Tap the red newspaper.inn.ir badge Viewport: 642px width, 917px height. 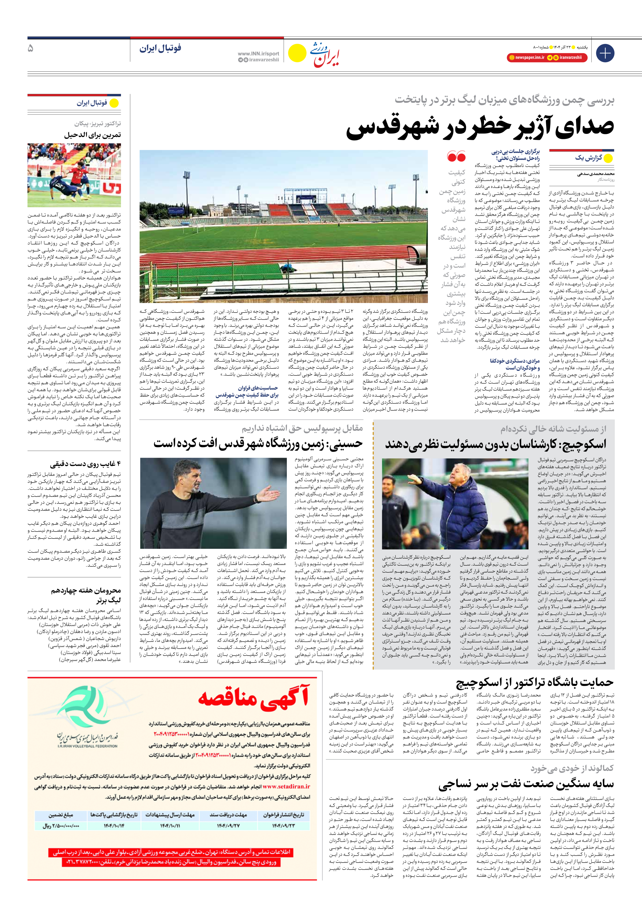click(x=526, y=58)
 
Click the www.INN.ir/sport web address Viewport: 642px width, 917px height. click(x=258, y=53)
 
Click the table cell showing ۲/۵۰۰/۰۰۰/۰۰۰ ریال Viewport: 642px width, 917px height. click(x=61, y=826)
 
